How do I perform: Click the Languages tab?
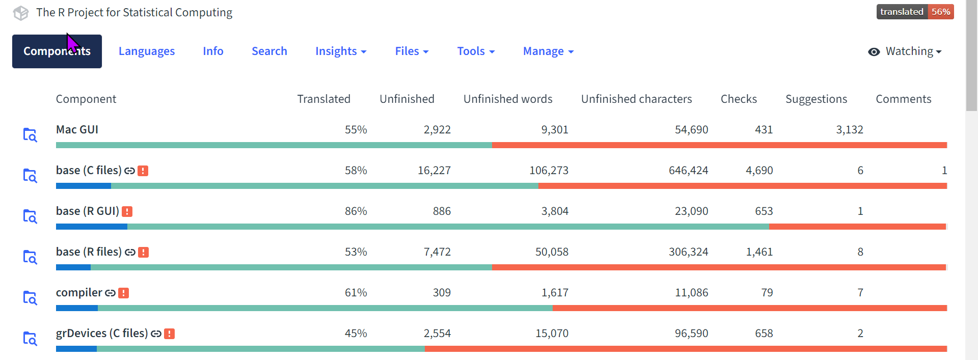point(146,51)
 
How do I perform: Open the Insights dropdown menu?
point(340,51)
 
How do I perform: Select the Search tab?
point(269,51)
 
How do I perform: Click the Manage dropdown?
point(548,51)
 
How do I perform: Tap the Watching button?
point(905,51)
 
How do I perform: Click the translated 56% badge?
point(915,12)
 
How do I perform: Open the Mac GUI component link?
point(77,130)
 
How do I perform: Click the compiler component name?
point(79,293)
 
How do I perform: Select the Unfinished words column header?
point(507,99)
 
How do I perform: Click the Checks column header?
point(738,99)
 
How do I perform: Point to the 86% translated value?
point(356,211)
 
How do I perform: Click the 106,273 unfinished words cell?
point(549,171)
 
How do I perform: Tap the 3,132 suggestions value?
point(849,130)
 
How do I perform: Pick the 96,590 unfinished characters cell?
point(691,334)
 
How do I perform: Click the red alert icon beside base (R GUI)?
point(127,211)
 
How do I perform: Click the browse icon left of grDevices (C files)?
point(30,339)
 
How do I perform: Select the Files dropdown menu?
point(412,51)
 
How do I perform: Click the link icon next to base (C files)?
point(129,171)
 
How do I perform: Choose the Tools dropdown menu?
point(476,51)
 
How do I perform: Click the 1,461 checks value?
point(759,252)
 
